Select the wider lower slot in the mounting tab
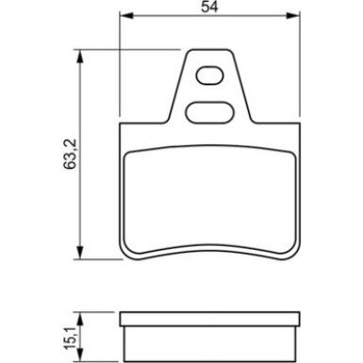[213, 111]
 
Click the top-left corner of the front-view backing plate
[123, 125]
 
